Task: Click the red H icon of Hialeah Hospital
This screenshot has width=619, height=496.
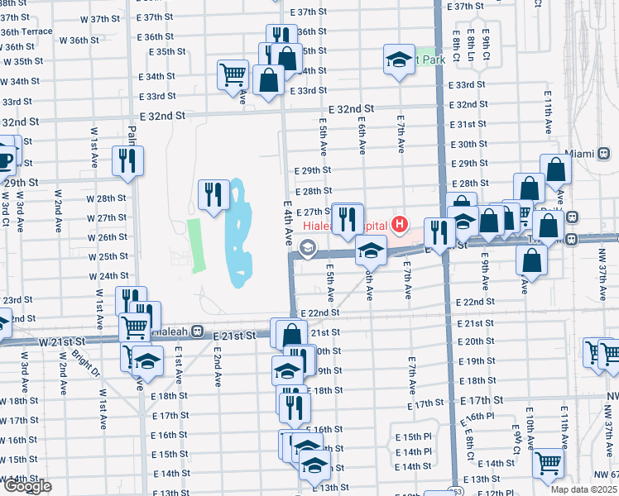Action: pos(401,223)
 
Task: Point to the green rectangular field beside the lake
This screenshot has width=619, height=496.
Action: pos(195,246)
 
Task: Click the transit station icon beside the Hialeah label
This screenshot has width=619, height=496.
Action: pos(198,331)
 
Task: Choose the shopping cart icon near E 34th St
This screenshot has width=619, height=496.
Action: pos(233,74)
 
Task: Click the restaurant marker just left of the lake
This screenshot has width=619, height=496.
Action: pos(214,194)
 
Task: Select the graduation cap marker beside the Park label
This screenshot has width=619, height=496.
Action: pos(399,60)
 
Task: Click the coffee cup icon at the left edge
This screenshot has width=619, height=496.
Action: pos(5,159)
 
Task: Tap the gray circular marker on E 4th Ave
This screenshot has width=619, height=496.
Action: pos(308,246)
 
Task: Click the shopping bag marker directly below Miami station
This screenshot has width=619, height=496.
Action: pos(555,170)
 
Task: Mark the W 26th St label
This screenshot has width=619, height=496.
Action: pos(107,237)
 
